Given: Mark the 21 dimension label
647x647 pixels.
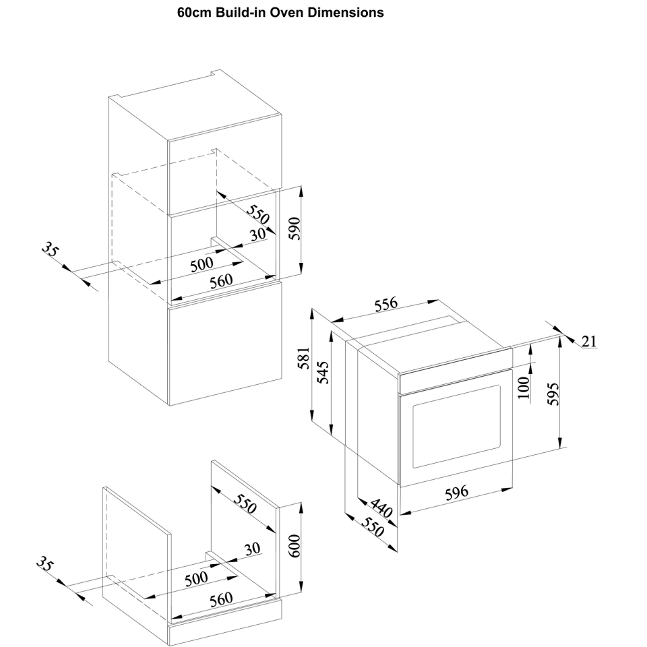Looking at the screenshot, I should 589,341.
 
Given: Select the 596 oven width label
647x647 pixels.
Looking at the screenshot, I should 456,493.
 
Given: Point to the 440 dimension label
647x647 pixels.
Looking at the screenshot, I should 379,509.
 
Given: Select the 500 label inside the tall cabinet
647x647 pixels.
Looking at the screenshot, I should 202,263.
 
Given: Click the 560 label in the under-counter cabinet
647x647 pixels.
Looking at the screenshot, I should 220,598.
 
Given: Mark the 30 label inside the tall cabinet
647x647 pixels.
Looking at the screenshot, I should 257,234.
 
